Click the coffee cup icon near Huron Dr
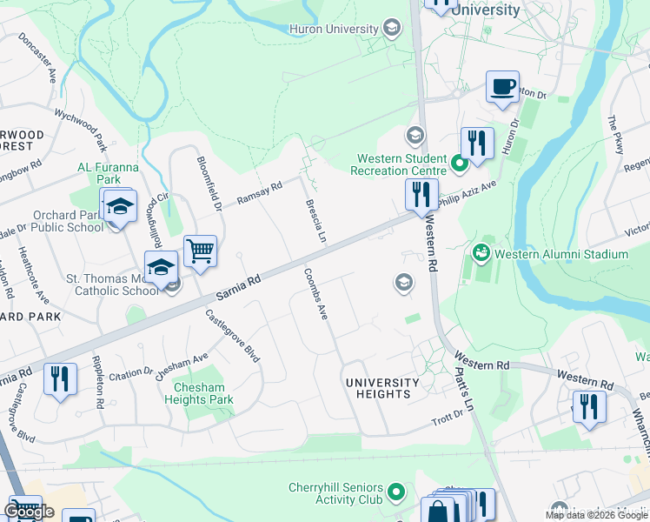[502, 87]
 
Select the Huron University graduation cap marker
[392, 30]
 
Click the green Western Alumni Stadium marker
[480, 254]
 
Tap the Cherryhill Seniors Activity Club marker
[396, 493]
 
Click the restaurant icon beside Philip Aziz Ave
[421, 195]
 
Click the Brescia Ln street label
[315, 221]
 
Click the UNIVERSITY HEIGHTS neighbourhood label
[382, 388]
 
